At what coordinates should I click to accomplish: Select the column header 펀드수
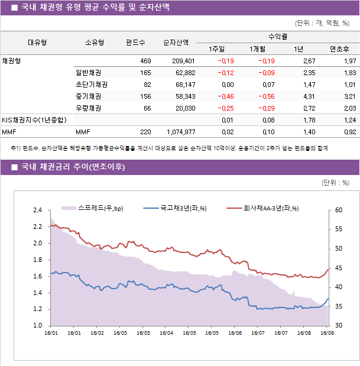(x=135, y=43)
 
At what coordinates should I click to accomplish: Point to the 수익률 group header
(x=278, y=37)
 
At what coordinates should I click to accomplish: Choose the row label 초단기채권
(x=88, y=85)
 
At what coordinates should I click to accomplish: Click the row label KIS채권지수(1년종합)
(x=34, y=120)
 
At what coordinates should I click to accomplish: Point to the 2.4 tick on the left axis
(x=37, y=210)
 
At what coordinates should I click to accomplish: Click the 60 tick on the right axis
(x=338, y=210)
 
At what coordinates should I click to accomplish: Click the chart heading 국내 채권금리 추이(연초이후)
(x=73, y=167)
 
